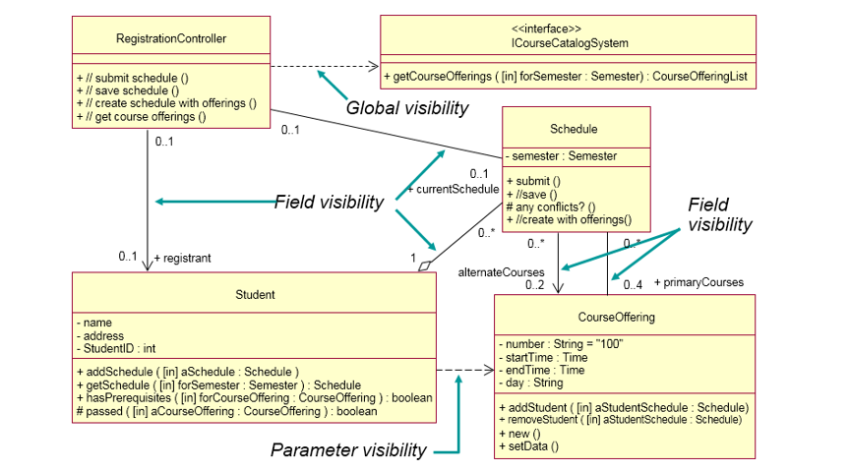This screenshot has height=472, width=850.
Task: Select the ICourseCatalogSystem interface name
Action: coord(570,43)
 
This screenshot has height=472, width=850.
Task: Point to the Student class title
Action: coord(256,294)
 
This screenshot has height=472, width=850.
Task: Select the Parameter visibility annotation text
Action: coord(348,450)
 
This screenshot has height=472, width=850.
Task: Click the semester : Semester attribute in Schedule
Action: coord(562,156)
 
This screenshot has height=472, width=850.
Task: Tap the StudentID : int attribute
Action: coord(115,347)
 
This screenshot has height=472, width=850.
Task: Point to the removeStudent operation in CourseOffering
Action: coord(620,420)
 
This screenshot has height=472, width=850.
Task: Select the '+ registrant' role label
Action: coord(182,258)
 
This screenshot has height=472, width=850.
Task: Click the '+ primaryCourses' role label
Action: coord(698,281)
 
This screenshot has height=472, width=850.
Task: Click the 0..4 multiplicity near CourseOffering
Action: coord(633,285)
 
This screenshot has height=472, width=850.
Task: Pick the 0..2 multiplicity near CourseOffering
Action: coord(534,285)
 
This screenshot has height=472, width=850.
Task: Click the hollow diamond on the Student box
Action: coord(425,265)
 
